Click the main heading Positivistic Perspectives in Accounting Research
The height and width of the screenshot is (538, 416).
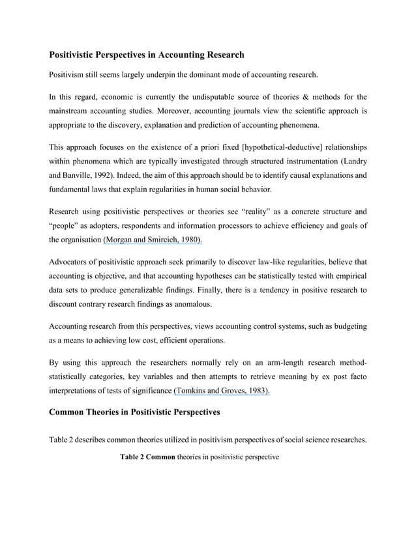pos(147,54)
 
